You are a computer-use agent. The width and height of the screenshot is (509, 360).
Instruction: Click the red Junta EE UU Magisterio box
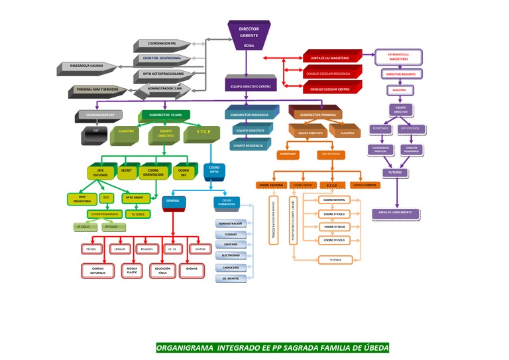coord(334,58)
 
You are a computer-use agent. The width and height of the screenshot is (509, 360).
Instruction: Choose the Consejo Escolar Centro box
coord(334,88)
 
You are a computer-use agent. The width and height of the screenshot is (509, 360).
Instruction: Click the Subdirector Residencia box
coord(249,115)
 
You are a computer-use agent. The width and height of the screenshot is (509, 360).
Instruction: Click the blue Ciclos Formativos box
coord(227,202)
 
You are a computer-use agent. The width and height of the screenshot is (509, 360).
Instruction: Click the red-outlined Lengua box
coord(120,249)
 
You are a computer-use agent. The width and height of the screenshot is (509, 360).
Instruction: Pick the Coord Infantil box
coord(333,200)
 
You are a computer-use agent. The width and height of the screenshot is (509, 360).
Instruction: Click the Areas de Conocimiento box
coord(396,213)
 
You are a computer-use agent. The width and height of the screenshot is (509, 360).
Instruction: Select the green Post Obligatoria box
coord(82,198)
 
